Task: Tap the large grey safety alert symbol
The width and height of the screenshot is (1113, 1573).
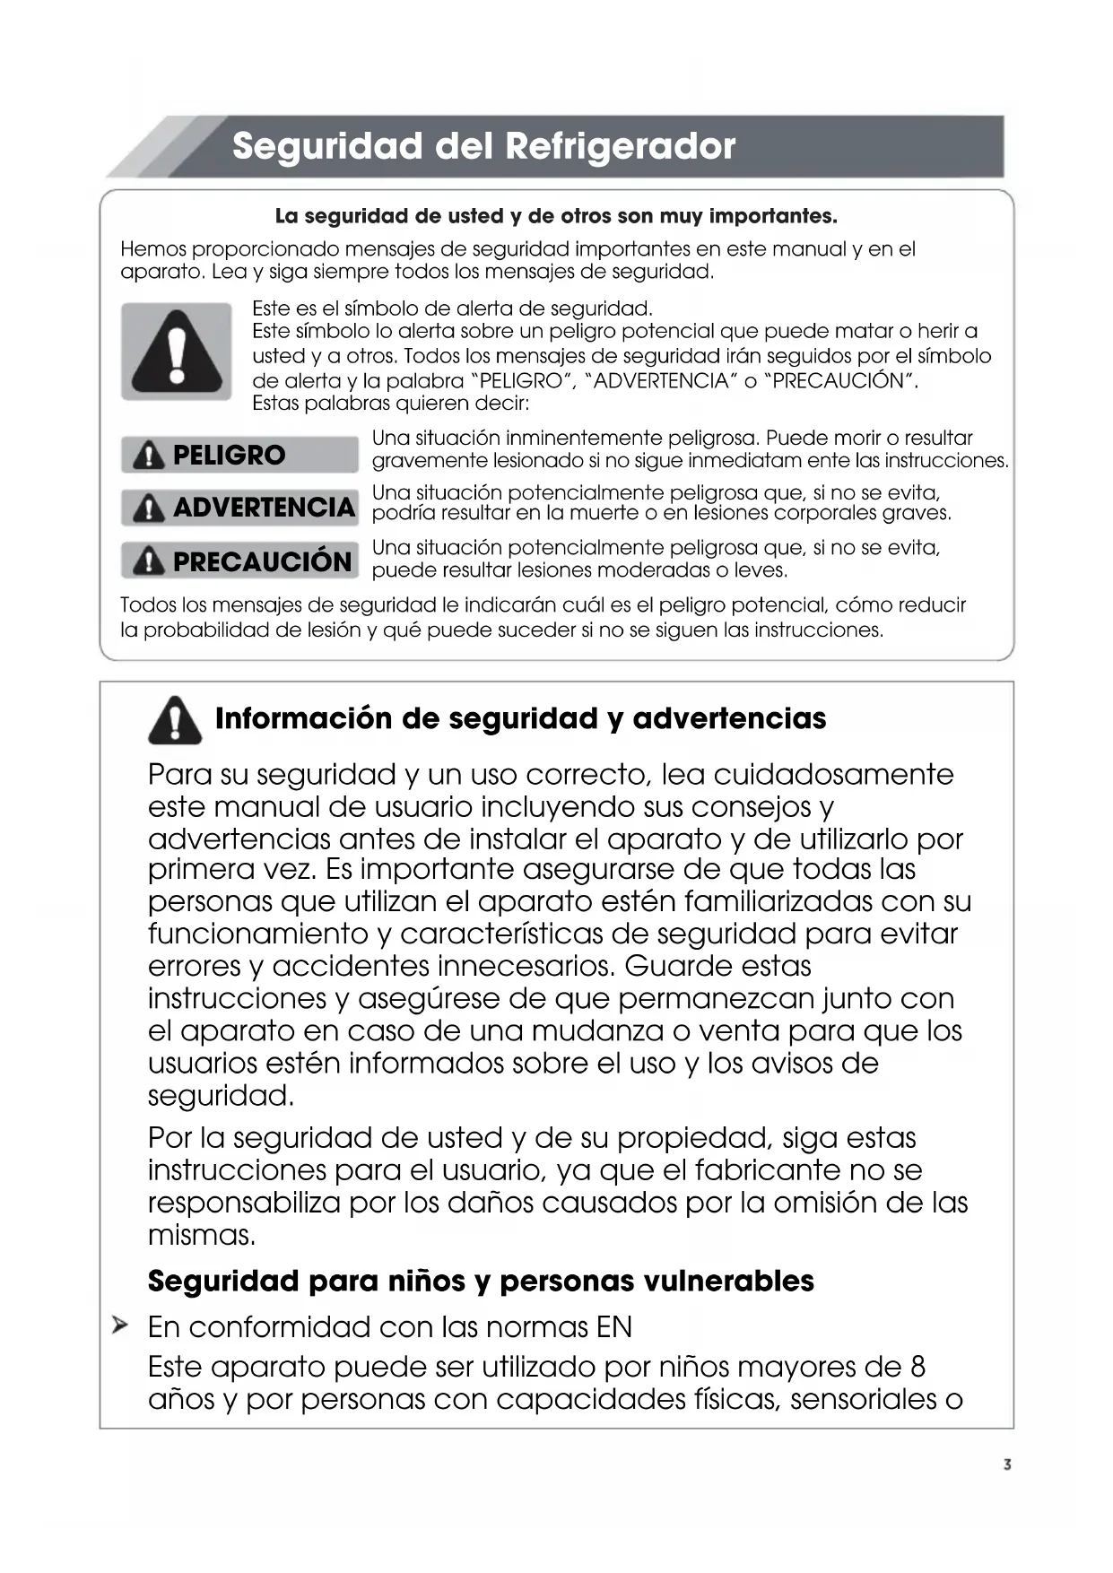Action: point(177,352)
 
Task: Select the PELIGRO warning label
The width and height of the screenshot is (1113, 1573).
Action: point(239,455)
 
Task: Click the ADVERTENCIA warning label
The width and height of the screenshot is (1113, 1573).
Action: point(239,508)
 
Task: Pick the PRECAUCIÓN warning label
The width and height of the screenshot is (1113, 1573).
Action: point(239,561)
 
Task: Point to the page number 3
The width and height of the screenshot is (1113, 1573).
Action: point(1007,1464)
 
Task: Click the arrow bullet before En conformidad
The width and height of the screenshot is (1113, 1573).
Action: point(120,1325)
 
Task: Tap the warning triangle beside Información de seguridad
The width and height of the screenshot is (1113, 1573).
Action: point(175,720)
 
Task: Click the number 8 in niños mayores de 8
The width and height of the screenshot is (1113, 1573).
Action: point(917,1366)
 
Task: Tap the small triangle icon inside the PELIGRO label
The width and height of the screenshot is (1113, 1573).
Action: point(148,456)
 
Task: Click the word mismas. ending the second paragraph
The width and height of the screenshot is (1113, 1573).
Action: point(202,1235)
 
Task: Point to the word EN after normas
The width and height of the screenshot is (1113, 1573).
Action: point(613,1326)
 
